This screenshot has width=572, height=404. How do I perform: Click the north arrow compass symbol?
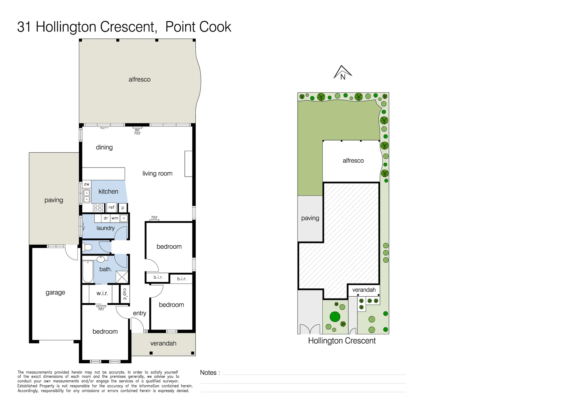tap(343, 73)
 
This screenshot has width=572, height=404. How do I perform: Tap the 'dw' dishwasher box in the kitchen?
tap(86, 184)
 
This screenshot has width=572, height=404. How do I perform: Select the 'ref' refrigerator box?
tap(111, 207)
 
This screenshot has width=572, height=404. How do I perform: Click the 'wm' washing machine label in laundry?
tap(115, 218)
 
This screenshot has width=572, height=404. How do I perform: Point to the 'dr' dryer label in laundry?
tap(106, 218)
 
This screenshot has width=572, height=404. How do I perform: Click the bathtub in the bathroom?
tap(88, 271)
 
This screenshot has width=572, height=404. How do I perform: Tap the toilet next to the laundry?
tap(88, 247)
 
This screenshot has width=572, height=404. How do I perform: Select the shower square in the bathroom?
tap(122, 277)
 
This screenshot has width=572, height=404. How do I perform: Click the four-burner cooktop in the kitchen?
tap(98, 208)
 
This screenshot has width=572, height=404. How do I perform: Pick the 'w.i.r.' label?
tap(102, 293)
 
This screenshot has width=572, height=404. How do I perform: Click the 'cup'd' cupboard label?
tap(125, 294)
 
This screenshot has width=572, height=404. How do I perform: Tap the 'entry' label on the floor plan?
tap(139, 313)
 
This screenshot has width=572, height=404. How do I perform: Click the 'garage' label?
tap(55, 293)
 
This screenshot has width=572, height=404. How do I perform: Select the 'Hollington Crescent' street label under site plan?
tap(342, 341)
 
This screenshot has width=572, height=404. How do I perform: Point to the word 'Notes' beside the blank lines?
tap(208, 373)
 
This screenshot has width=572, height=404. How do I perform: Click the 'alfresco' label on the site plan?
tap(353, 160)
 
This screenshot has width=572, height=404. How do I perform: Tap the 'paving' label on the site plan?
tap(310, 218)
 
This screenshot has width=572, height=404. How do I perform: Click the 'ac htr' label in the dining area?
tap(137, 132)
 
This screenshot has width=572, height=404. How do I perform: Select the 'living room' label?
tap(157, 174)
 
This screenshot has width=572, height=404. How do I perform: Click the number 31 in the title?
tap(24, 27)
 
